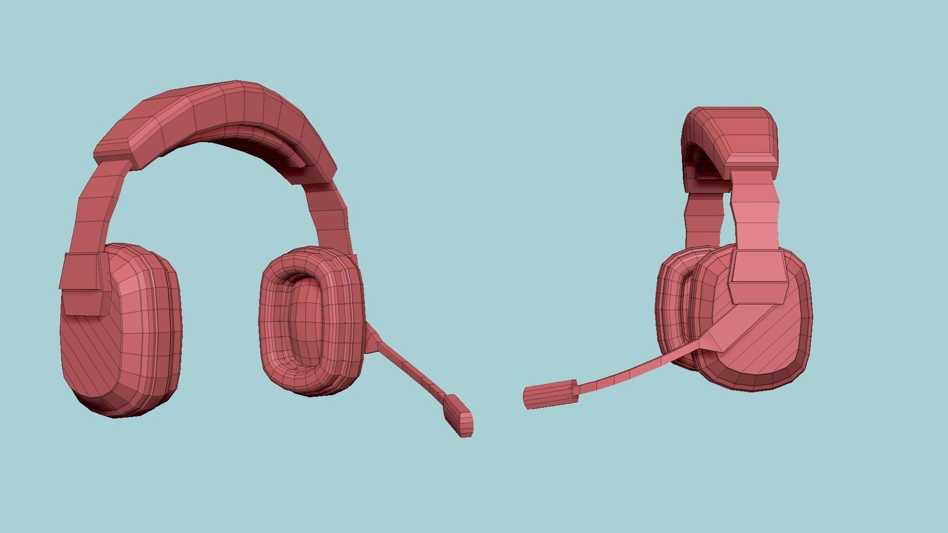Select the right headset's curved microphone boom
tap(637, 372)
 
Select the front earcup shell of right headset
tap(770, 345)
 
